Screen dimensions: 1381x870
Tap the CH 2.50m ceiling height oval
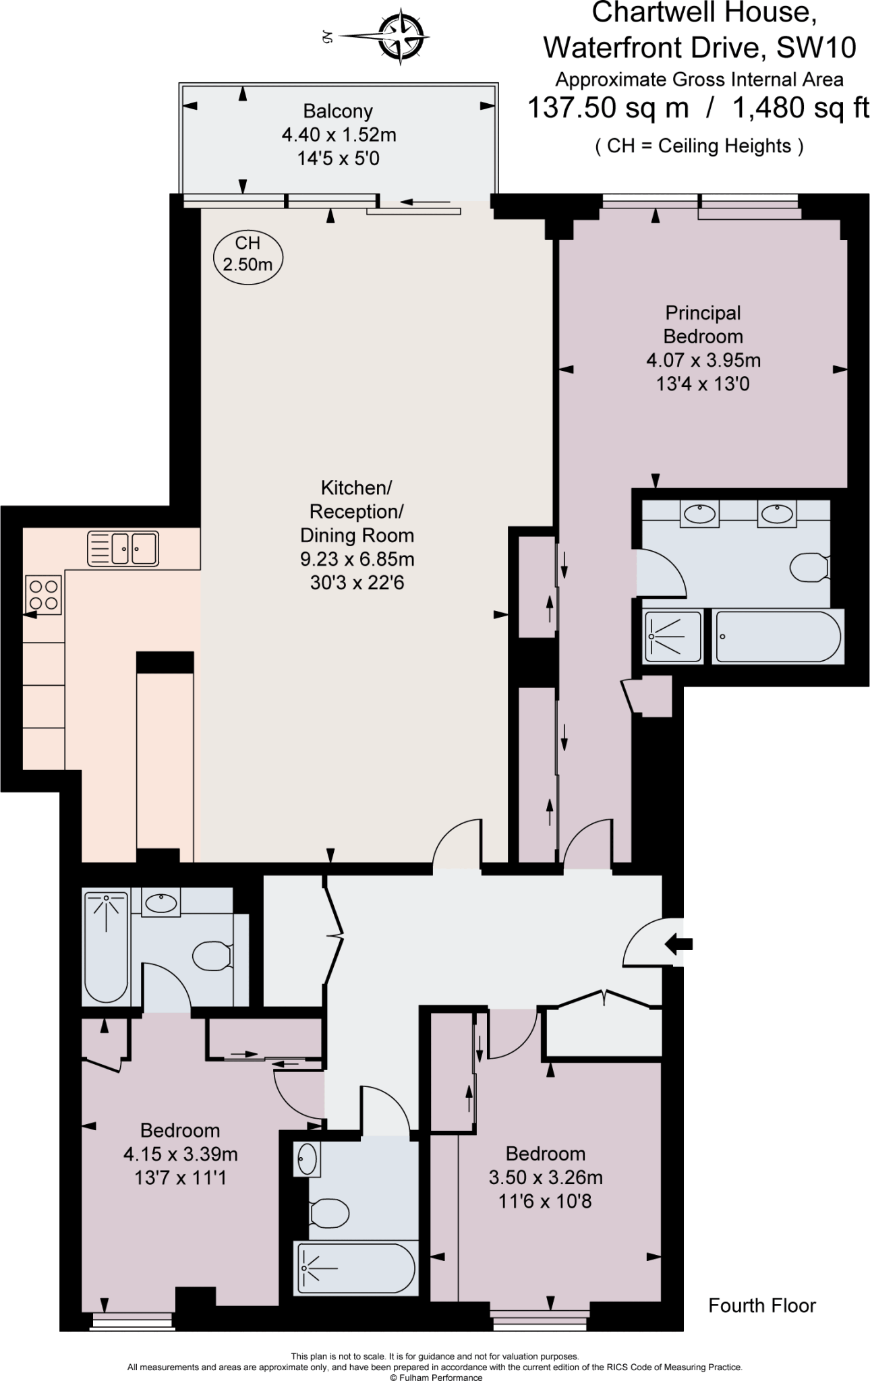tap(248, 254)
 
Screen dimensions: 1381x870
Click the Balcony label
tap(338, 111)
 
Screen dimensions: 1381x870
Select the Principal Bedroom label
tap(703, 324)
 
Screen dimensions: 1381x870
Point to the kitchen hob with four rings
tap(43, 593)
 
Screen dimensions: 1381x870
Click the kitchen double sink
tap(123, 548)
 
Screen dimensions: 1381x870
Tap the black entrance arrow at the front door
tap(678, 943)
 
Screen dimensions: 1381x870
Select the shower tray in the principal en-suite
tap(673, 636)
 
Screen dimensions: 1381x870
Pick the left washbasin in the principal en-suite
tap(699, 515)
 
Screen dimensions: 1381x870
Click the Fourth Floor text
tap(761, 1305)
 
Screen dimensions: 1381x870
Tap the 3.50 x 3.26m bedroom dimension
tap(545, 1177)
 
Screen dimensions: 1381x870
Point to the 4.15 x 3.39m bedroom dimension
tap(180, 1154)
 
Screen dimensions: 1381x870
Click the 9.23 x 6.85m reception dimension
tap(357, 559)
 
